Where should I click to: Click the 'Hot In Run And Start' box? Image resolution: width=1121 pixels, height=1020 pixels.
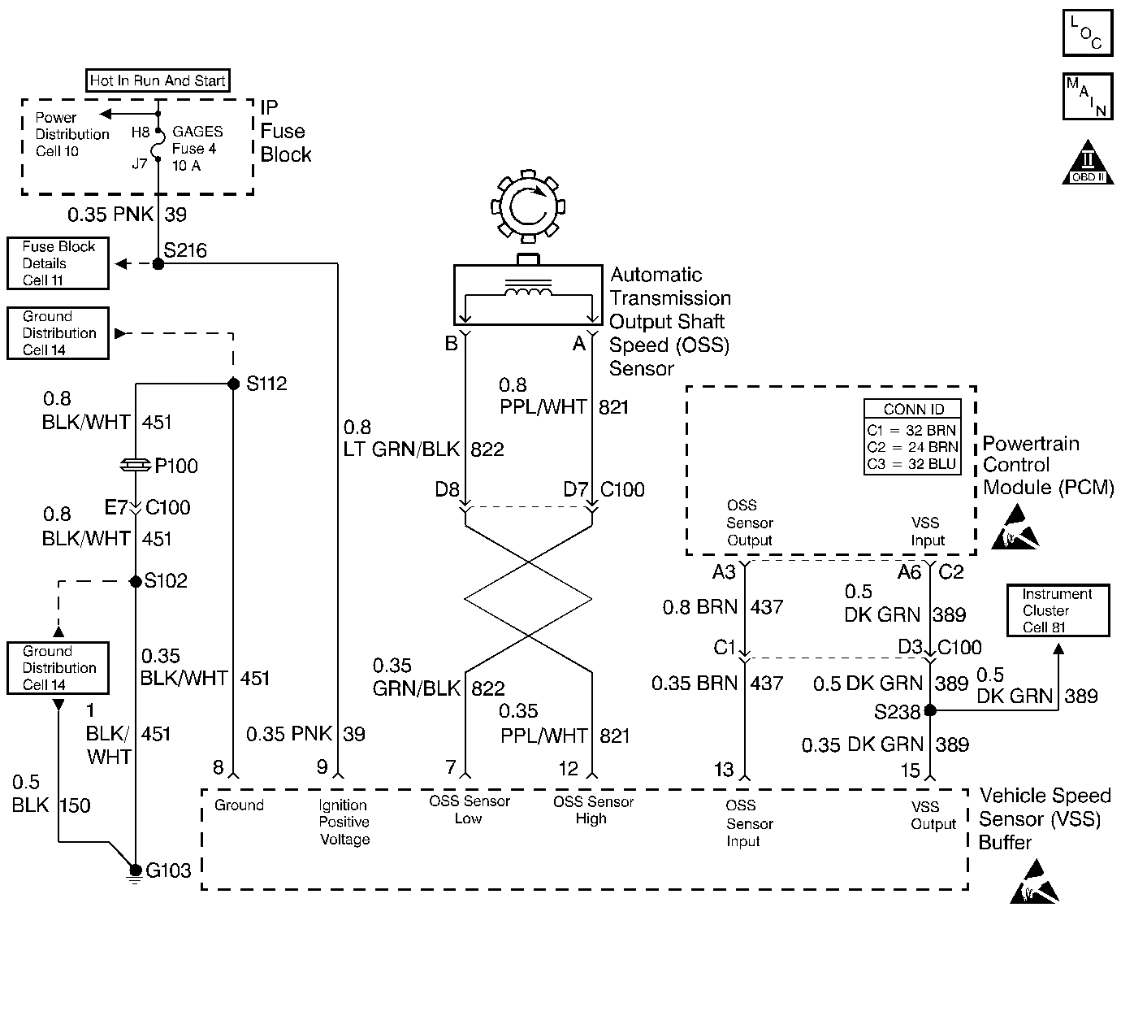(158, 80)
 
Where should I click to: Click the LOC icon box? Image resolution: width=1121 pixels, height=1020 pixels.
(1087, 33)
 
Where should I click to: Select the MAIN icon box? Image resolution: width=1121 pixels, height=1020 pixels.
(1087, 97)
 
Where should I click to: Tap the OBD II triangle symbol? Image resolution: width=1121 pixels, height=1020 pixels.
(1088, 164)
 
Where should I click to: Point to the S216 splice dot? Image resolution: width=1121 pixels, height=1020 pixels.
(158, 263)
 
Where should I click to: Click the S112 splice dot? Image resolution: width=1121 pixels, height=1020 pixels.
(233, 383)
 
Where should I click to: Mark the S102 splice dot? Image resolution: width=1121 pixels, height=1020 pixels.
(136, 580)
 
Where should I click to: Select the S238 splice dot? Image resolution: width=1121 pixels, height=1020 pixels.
(930, 710)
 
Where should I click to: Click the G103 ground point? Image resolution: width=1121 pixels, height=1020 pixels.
(136, 870)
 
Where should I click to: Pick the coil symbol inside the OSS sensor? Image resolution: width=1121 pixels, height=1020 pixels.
(528, 289)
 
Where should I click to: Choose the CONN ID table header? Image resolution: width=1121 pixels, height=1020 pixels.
(914, 410)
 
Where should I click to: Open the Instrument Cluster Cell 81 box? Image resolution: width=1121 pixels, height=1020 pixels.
(1057, 610)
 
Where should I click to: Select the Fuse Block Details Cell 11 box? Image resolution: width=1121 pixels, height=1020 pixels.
(58, 263)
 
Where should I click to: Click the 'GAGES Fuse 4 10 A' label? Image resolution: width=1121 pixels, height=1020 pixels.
(197, 148)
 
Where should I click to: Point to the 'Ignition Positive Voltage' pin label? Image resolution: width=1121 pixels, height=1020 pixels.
(344, 822)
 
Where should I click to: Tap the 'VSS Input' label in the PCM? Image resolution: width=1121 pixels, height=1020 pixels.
(928, 532)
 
